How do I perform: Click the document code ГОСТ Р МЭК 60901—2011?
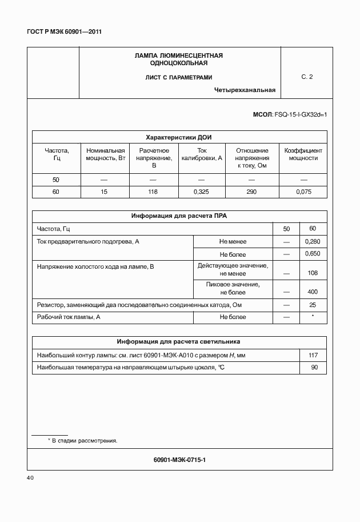64,31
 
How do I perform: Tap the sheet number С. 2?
307,77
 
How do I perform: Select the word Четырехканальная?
245,90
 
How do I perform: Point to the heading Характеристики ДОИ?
179,137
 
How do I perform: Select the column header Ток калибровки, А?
201,154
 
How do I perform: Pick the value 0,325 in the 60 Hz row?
201,192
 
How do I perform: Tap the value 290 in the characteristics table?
251,192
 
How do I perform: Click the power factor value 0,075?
303,192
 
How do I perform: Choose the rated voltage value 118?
153,192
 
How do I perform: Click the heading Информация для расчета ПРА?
179,216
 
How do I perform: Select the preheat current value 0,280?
313,242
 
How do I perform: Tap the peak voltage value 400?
313,292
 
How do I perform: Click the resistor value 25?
313,305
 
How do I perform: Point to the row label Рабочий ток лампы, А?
69,317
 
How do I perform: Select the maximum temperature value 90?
314,367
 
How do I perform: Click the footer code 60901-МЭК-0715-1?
179,459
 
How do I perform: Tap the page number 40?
31,477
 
